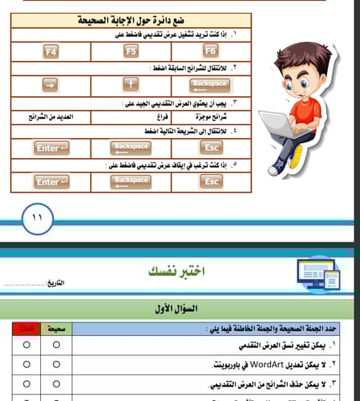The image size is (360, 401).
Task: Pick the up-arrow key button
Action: click(131, 84)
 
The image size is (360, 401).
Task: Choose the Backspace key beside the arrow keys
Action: click(211, 84)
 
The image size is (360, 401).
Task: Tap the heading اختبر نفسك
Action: click(171, 271)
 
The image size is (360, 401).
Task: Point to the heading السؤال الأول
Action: click(180, 308)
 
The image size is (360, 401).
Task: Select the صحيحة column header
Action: click(56, 329)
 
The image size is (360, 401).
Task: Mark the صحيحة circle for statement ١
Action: click(56, 345)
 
